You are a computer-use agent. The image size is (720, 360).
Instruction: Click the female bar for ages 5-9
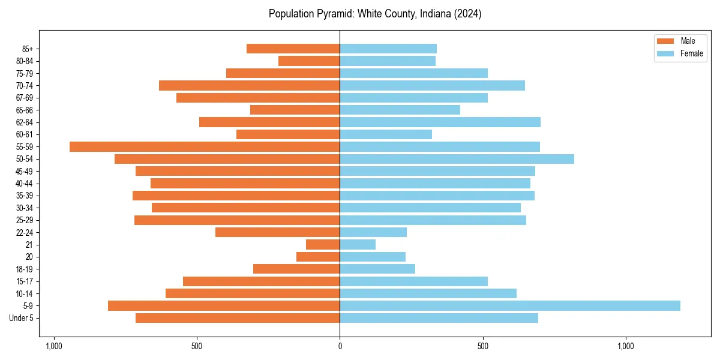pyautogui.click(x=510, y=305)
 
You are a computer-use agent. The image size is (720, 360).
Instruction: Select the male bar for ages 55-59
pyautogui.click(x=205, y=146)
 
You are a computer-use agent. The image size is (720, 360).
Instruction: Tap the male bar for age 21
pyautogui.click(x=323, y=244)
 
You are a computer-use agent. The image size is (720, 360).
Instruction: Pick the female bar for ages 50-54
pyautogui.click(x=457, y=159)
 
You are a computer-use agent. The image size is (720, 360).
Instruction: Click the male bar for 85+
pyautogui.click(x=293, y=49)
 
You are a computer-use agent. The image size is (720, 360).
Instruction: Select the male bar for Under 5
pyautogui.click(x=238, y=318)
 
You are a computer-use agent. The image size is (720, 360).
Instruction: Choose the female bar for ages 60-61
pyautogui.click(x=386, y=134)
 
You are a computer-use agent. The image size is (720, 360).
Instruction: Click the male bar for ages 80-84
pyautogui.click(x=309, y=61)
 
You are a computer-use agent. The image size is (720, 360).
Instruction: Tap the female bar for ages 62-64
pyautogui.click(x=440, y=122)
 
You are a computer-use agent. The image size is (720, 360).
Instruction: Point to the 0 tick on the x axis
pyautogui.click(x=340, y=346)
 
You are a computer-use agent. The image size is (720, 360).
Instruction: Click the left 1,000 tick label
pyautogui.click(x=54, y=346)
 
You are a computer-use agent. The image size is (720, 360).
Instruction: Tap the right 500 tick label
pyautogui.click(x=482, y=346)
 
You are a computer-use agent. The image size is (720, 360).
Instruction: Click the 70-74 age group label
pyautogui.click(x=25, y=85)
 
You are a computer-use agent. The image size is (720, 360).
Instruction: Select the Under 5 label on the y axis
pyautogui.click(x=22, y=318)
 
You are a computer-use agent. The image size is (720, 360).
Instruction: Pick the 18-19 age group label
pyautogui.click(x=25, y=269)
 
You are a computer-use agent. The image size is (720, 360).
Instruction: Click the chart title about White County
pyautogui.click(x=375, y=14)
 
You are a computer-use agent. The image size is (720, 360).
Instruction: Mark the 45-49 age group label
pyautogui.click(x=25, y=171)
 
